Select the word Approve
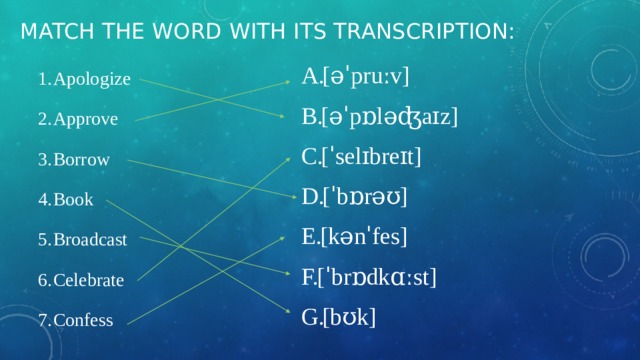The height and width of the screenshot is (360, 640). [x=86, y=120]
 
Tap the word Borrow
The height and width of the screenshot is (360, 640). [x=83, y=160]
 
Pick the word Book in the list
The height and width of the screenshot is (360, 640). [x=74, y=200]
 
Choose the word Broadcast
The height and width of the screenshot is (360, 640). [x=91, y=240]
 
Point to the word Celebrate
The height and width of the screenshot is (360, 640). [x=90, y=281]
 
